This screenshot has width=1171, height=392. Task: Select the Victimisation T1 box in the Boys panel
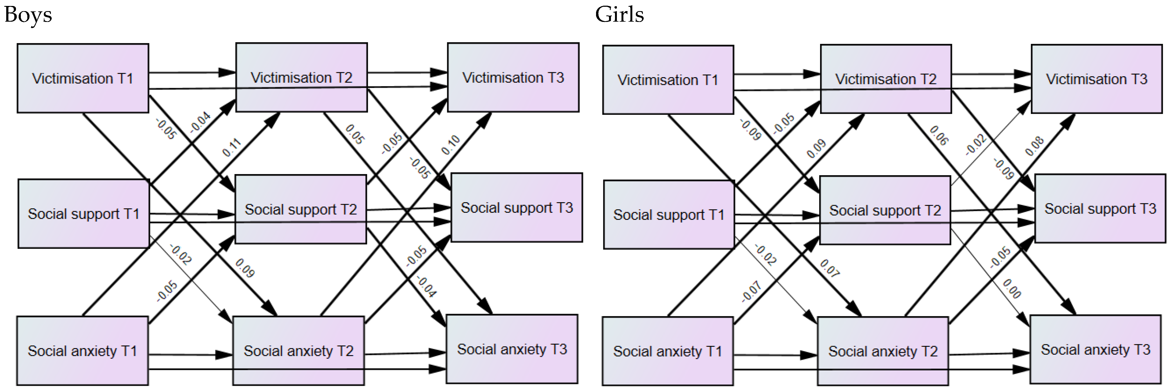pos(83,78)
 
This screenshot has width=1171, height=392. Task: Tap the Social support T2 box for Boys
pos(301,209)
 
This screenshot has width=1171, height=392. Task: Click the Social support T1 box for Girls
pos(669,215)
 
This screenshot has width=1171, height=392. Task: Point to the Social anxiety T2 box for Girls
pos(883,351)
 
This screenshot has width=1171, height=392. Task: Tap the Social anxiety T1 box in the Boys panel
pos(82,351)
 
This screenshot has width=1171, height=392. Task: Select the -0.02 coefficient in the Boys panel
pos(180,254)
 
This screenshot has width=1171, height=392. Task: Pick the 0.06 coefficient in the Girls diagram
pos(939,136)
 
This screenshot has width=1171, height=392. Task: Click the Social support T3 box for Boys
pos(517,207)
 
